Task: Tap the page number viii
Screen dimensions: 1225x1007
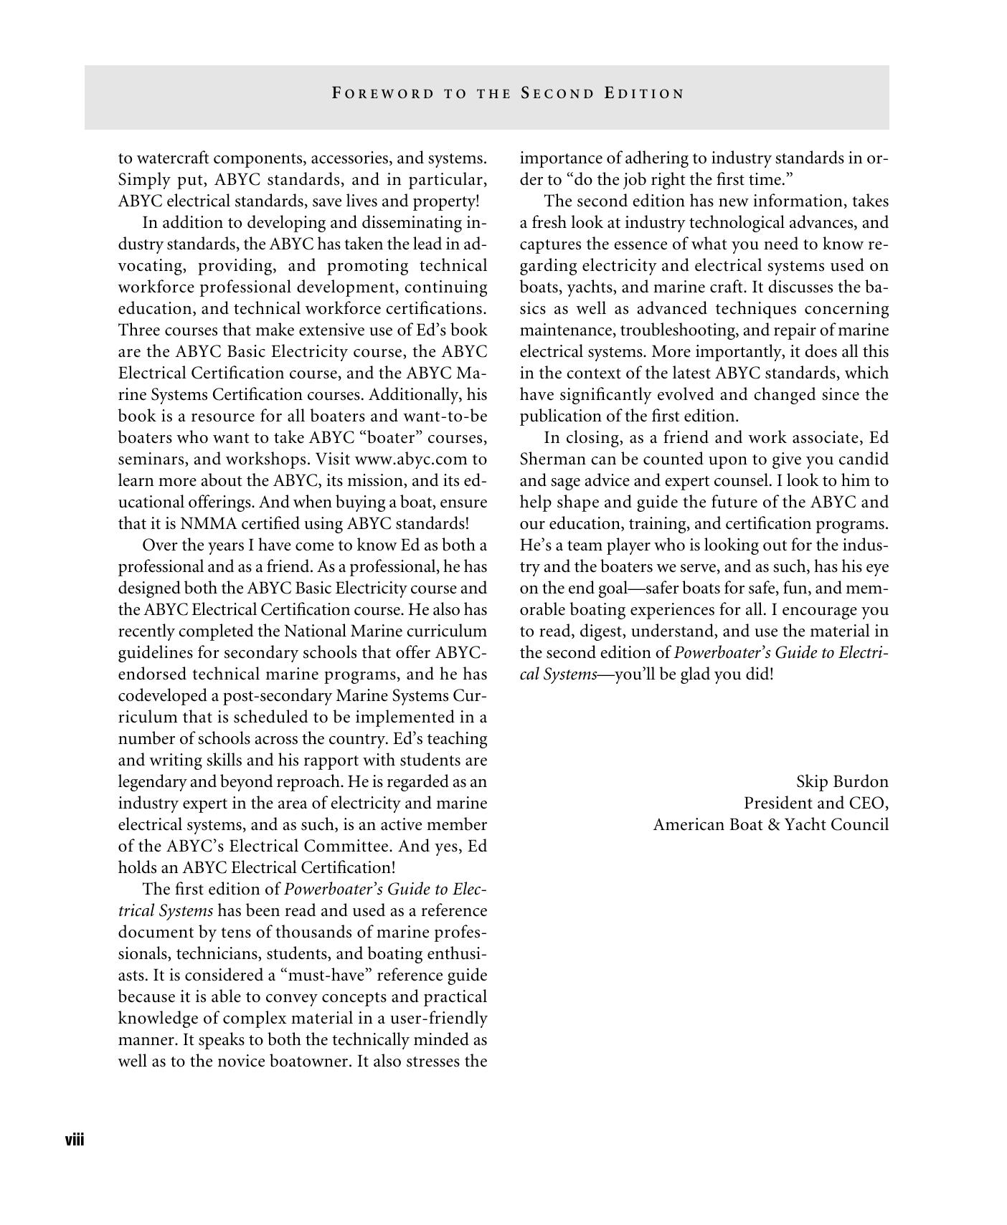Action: (x=75, y=1140)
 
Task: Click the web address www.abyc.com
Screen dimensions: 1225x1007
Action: (x=410, y=459)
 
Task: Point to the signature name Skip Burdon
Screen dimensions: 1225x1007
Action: (x=842, y=782)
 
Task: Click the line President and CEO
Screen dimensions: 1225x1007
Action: (x=815, y=804)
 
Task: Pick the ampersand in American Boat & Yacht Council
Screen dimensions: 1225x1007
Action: (x=773, y=825)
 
